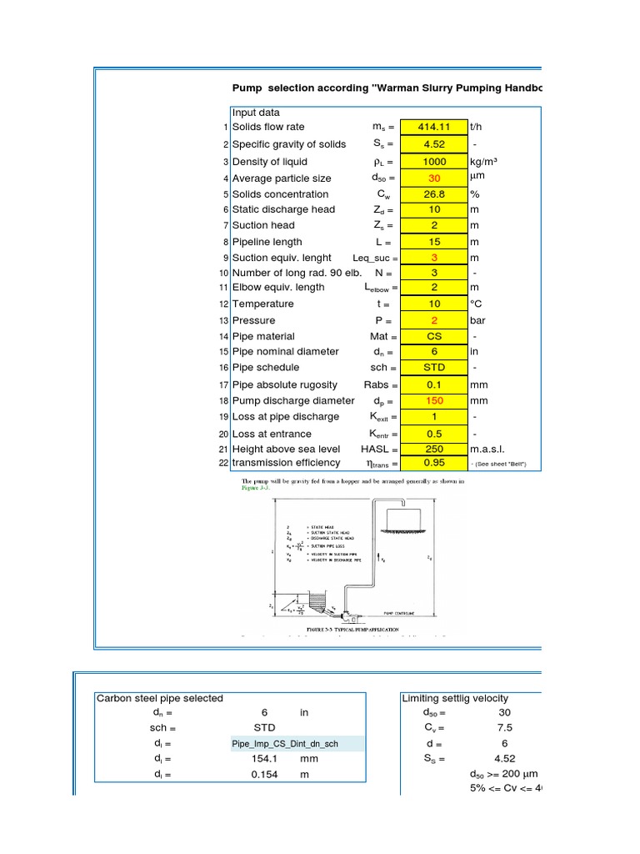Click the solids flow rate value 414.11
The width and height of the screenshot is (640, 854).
(434, 127)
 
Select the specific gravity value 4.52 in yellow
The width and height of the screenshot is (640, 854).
(434, 144)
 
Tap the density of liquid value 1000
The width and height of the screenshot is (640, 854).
(434, 162)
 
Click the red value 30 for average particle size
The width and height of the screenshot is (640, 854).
(434, 178)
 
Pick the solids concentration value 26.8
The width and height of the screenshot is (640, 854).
(434, 194)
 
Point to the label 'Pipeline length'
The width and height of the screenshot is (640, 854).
(267, 242)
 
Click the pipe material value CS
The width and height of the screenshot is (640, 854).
(434, 336)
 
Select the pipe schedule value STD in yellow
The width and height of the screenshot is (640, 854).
(434, 367)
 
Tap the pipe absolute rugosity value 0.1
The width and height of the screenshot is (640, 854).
(434, 384)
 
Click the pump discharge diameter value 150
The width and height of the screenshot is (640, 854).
(434, 400)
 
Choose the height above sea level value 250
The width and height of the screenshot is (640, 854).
(434, 449)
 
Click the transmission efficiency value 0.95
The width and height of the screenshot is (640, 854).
(434, 463)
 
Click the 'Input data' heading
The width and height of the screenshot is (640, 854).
(256, 113)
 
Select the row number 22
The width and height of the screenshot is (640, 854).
(223, 463)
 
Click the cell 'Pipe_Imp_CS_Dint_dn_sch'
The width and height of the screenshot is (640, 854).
(285, 743)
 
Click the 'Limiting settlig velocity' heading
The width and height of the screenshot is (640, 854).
(455, 698)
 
